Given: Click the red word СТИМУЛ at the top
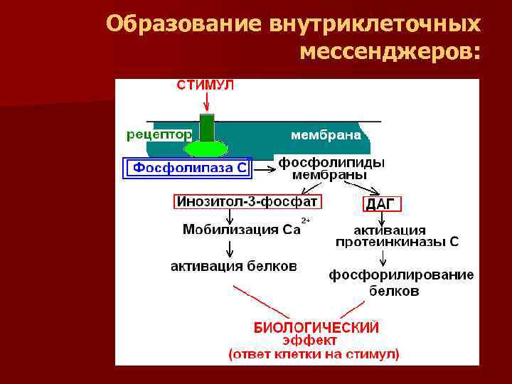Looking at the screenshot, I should (205, 85).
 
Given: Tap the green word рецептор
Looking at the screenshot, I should (159, 134).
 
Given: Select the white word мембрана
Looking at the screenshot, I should (326, 134).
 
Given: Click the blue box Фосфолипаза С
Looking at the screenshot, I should (188, 168).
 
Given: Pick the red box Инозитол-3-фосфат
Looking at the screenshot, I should (247, 201).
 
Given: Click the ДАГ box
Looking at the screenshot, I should (383, 204).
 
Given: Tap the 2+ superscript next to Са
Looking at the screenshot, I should (306, 221).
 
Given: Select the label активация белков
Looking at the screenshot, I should (234, 267).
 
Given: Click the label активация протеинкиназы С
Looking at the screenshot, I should (397, 236).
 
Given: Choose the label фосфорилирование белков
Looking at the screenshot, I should (401, 283).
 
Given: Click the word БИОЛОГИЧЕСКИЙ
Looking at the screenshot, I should (316, 327).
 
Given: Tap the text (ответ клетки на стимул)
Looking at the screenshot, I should (314, 353).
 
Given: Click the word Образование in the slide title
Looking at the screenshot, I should (184, 24).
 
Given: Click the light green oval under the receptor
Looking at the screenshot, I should (206, 149).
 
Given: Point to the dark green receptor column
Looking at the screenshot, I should (206, 127).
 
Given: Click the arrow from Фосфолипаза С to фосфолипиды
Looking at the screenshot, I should (265, 169).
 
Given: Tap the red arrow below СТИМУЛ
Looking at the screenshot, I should (206, 102).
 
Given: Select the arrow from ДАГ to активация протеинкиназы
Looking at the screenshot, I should (384, 218).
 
